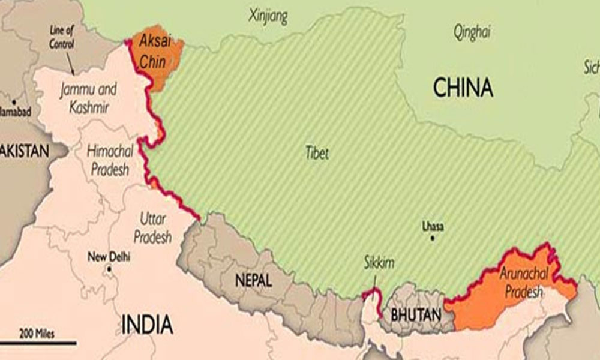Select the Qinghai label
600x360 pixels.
point(473,31)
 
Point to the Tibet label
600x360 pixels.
point(316,153)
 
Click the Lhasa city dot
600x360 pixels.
point(432,238)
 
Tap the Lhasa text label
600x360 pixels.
point(433,226)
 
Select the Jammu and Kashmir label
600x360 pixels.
point(88,97)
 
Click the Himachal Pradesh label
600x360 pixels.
point(110,160)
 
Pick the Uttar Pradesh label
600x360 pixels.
point(152,228)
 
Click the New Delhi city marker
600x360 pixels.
point(109,269)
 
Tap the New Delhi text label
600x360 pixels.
point(109,257)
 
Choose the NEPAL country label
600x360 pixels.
point(253,280)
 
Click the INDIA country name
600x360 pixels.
point(147,325)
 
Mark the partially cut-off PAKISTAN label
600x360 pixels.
point(24,151)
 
